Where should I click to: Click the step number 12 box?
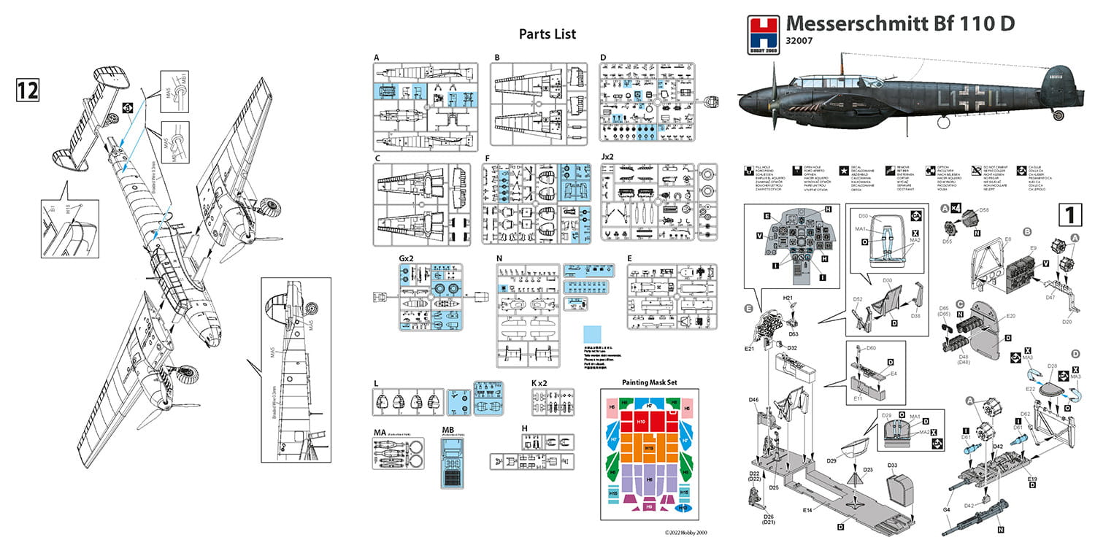pos(26,90)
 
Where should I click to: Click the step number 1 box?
pos(1069,215)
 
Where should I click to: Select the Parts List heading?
pos(547,34)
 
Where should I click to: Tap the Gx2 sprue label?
pos(406,258)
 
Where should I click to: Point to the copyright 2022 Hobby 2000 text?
pos(686,533)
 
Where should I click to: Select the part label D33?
pos(893,465)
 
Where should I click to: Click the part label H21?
pos(788,298)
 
